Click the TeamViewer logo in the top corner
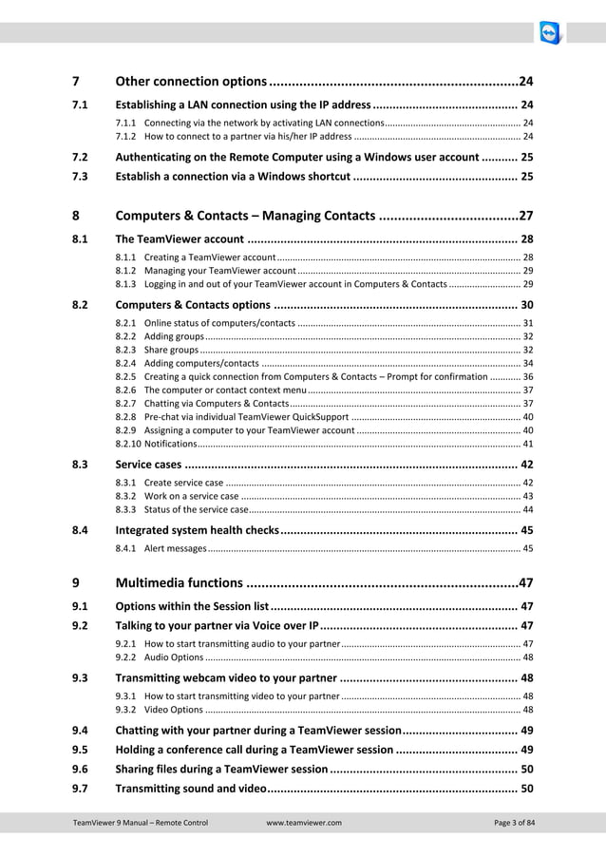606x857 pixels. click(551, 34)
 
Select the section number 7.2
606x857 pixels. click(81, 156)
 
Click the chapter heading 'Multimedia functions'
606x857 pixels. click(178, 582)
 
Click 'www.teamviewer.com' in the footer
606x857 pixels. click(304, 822)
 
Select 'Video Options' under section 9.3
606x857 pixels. click(173, 709)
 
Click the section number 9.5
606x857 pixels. click(81, 750)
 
